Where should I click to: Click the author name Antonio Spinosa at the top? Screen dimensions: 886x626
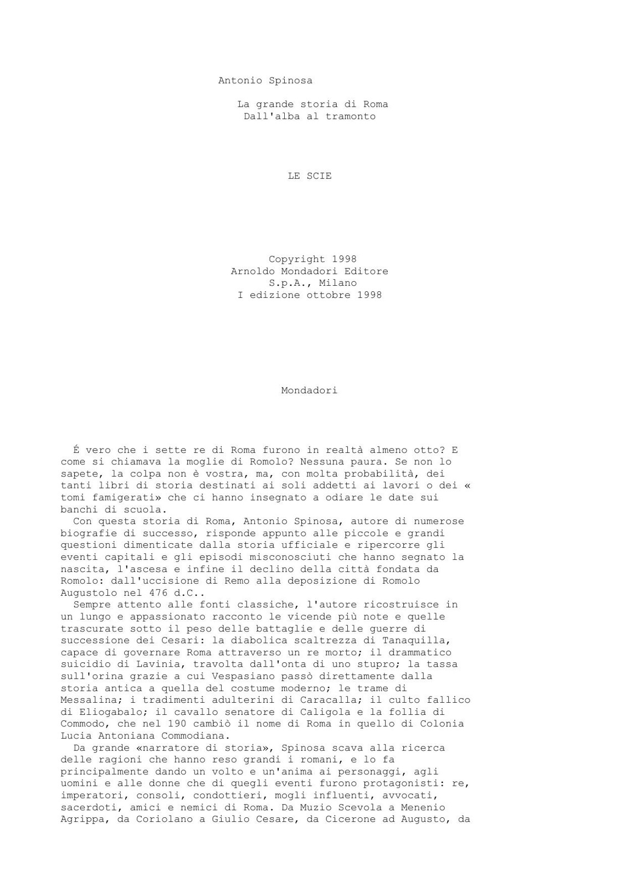pyautogui.click(x=265, y=81)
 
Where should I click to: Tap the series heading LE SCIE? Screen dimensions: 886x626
pyautogui.click(x=309, y=176)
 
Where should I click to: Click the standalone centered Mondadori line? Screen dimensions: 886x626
pyautogui.click(x=309, y=390)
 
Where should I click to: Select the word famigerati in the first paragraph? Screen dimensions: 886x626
pyautogui.click(x=120, y=497)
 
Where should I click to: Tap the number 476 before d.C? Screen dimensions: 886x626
pyautogui.click(x=155, y=593)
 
